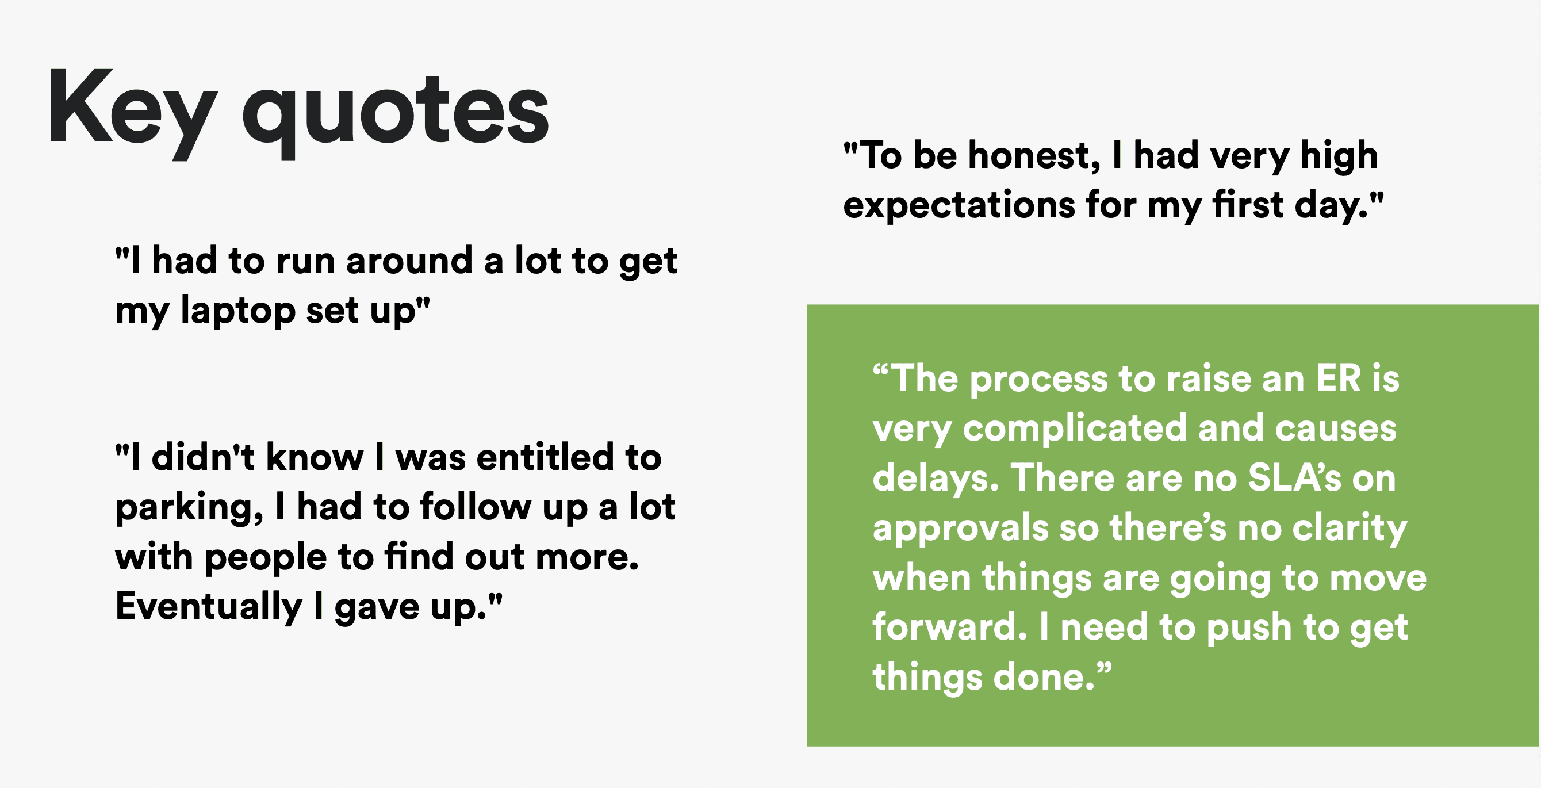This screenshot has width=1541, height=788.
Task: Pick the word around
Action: tap(409, 262)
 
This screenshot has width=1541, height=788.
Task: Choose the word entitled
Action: tap(546, 457)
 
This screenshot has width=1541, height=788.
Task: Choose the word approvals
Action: tap(961, 530)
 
